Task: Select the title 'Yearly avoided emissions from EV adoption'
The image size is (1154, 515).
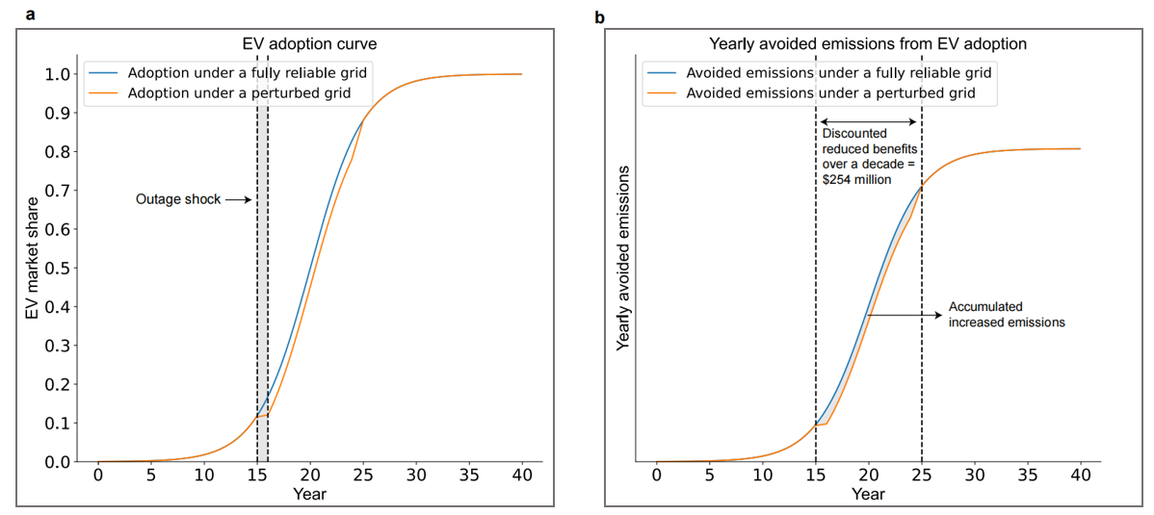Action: [x=868, y=43]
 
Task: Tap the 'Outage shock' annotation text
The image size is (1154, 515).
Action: [x=177, y=199]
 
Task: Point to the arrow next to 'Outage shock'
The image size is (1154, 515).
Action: [x=238, y=199]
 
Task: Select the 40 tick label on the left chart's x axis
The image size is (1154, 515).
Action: [x=522, y=478]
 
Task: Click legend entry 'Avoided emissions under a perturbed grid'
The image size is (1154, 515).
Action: [x=829, y=93]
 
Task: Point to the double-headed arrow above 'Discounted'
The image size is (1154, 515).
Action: [x=869, y=122]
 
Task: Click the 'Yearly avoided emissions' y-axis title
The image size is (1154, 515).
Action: [x=623, y=257]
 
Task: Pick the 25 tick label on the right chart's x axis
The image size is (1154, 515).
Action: [x=922, y=478]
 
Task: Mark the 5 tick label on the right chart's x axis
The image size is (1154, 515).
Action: [x=710, y=478]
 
